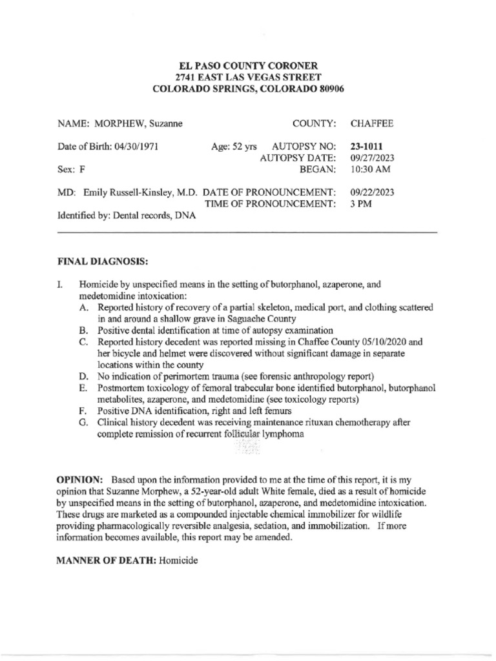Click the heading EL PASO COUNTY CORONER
click(248, 66)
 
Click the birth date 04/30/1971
click(136, 147)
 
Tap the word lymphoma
click(283, 434)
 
